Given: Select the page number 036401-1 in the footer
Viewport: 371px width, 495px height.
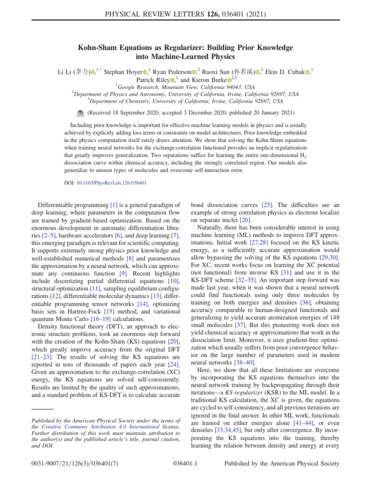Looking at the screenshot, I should tap(185, 478).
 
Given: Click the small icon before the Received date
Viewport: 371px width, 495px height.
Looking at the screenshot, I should tap(80, 113).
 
